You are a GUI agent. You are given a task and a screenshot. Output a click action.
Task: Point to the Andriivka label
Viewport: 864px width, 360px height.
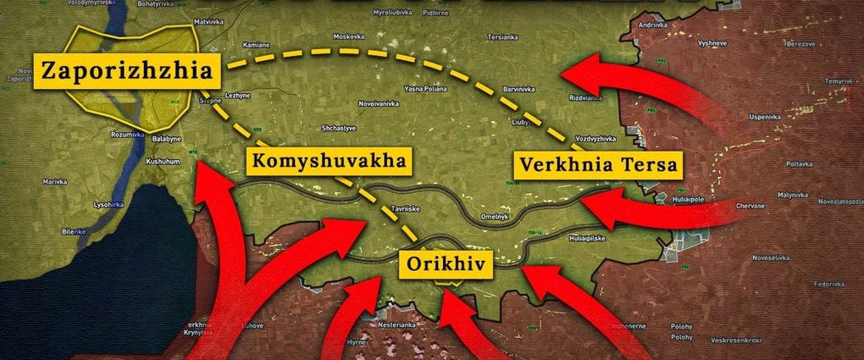653,25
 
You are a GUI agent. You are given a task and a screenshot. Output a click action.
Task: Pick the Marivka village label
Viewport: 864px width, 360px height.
55,180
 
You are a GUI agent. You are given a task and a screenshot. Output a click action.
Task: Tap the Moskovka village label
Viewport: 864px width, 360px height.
348,36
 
